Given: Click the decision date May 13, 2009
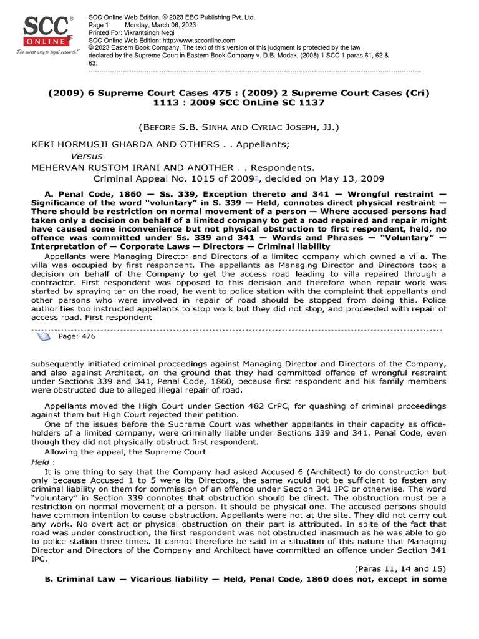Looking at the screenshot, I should tap(358, 178).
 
